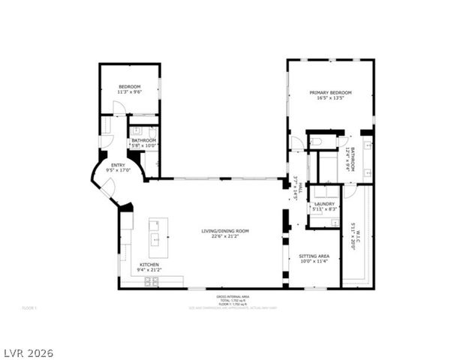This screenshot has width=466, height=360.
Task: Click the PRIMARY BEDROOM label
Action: [331, 92]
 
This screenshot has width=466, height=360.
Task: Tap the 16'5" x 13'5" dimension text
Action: [331, 98]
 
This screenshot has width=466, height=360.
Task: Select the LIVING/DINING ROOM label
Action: [225, 231]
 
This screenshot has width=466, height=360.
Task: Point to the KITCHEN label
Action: [148, 264]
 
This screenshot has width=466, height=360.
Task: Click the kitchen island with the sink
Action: [158, 234]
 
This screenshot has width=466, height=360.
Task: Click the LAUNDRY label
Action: [324, 203]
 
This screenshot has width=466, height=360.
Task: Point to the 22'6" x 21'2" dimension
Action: [225, 236]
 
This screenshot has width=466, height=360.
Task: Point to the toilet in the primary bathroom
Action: [316, 141]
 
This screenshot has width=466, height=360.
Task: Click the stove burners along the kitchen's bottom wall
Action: [152, 282]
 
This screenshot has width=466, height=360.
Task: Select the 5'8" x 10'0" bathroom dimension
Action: [143, 145]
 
